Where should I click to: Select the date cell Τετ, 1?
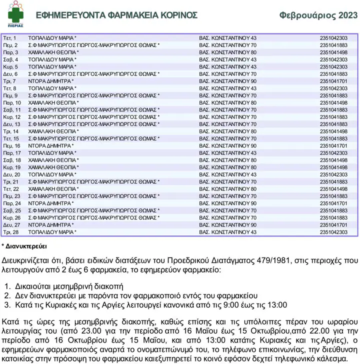click(x=9, y=38)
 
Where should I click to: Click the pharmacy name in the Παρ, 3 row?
click(x=53, y=52)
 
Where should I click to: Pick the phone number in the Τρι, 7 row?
click(x=333, y=81)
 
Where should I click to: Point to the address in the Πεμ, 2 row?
click(x=227, y=45)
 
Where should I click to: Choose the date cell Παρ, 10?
click(x=11, y=103)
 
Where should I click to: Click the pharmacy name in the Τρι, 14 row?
click(x=53, y=131)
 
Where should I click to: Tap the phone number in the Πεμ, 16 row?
click(x=333, y=146)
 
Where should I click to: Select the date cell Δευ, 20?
click(x=11, y=174)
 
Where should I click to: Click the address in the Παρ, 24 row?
click(x=227, y=203)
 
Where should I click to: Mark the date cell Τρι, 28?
click(x=10, y=232)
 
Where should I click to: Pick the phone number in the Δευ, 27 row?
click(x=333, y=225)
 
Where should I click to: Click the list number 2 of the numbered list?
click(x=7, y=295)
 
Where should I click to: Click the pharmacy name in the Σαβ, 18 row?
click(x=53, y=160)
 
